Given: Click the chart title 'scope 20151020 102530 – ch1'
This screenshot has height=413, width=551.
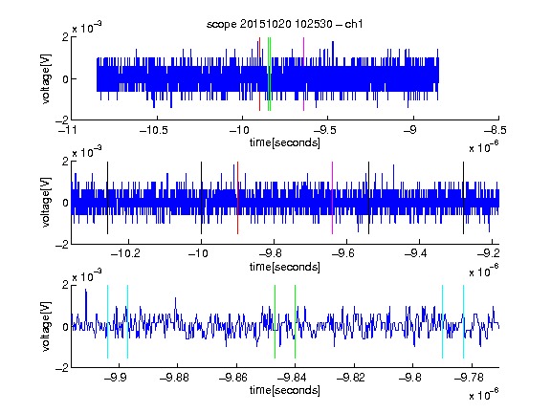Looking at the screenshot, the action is [x=284, y=24].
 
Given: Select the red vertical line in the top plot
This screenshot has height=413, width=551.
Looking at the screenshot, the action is [x=259, y=75].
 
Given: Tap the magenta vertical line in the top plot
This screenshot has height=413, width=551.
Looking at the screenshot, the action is [x=303, y=75].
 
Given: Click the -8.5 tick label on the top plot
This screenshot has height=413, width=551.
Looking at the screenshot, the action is [x=496, y=131].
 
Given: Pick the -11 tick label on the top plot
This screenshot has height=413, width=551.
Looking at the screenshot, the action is [x=68, y=131].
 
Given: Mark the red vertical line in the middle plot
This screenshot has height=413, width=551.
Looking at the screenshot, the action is [x=237, y=198].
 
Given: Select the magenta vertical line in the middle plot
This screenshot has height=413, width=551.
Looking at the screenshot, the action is [x=333, y=198].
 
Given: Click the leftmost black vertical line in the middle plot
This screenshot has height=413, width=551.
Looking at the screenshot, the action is [x=107, y=198].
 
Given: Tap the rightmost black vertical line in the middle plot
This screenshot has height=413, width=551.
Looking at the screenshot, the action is [x=463, y=198].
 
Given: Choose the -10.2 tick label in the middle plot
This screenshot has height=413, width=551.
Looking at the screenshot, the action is [x=125, y=253].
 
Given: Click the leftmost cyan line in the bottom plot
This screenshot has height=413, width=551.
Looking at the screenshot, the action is [x=107, y=321].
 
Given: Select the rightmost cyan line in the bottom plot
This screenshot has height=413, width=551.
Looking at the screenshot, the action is [x=463, y=321].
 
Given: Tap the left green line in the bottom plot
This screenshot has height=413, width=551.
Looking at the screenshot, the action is [x=275, y=321].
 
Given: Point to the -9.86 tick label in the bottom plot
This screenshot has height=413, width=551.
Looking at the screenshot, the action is [x=233, y=378].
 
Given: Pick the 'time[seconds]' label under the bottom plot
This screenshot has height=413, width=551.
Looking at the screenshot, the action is [x=285, y=390].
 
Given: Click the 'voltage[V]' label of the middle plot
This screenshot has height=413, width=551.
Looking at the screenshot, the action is [x=46, y=203].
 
